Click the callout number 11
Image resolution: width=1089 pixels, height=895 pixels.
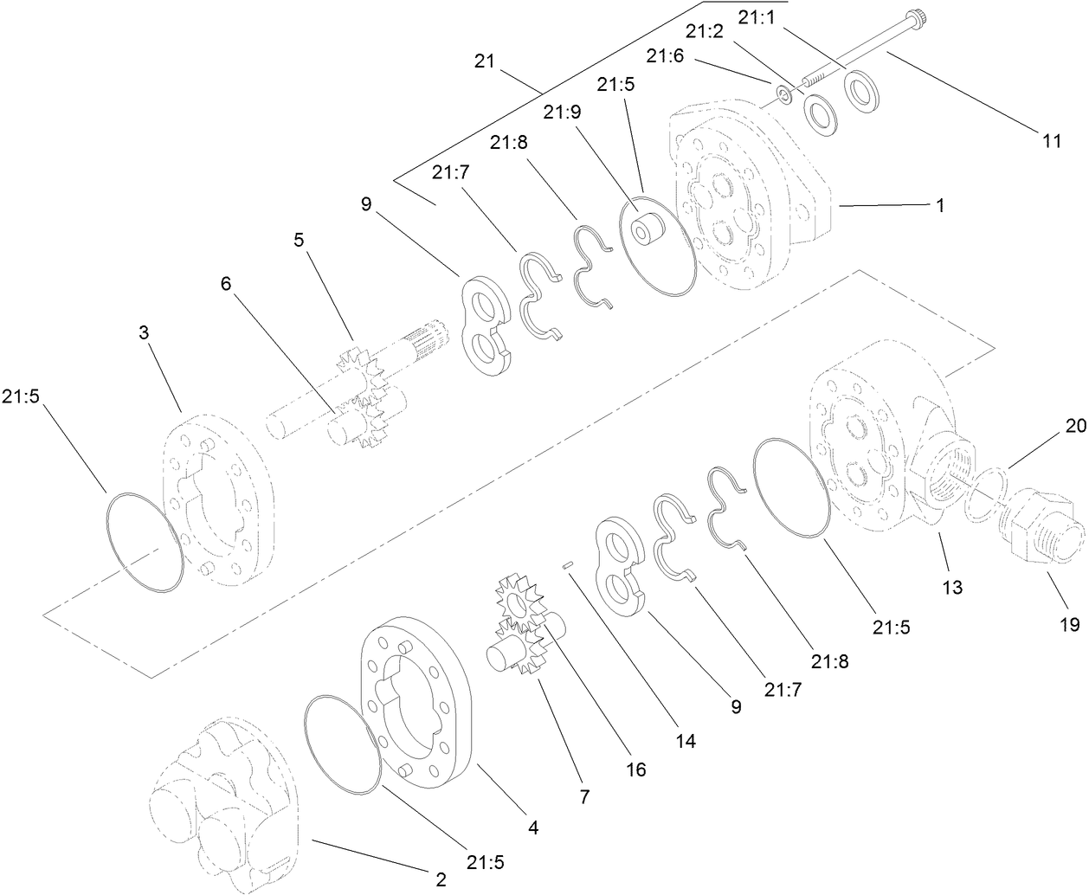(1051, 142)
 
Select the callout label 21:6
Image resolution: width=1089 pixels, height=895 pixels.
(665, 55)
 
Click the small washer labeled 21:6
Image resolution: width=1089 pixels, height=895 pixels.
(783, 93)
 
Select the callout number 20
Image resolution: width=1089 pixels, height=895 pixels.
(1075, 426)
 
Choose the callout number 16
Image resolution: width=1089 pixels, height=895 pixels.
(636, 769)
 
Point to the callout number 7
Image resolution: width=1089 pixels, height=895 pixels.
(584, 797)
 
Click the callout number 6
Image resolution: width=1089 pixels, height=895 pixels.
(225, 285)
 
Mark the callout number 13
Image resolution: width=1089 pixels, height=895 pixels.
(951, 588)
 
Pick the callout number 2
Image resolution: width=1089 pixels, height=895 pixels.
(440, 880)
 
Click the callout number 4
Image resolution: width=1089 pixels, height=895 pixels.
(533, 827)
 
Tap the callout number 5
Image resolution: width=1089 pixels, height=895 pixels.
(299, 240)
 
